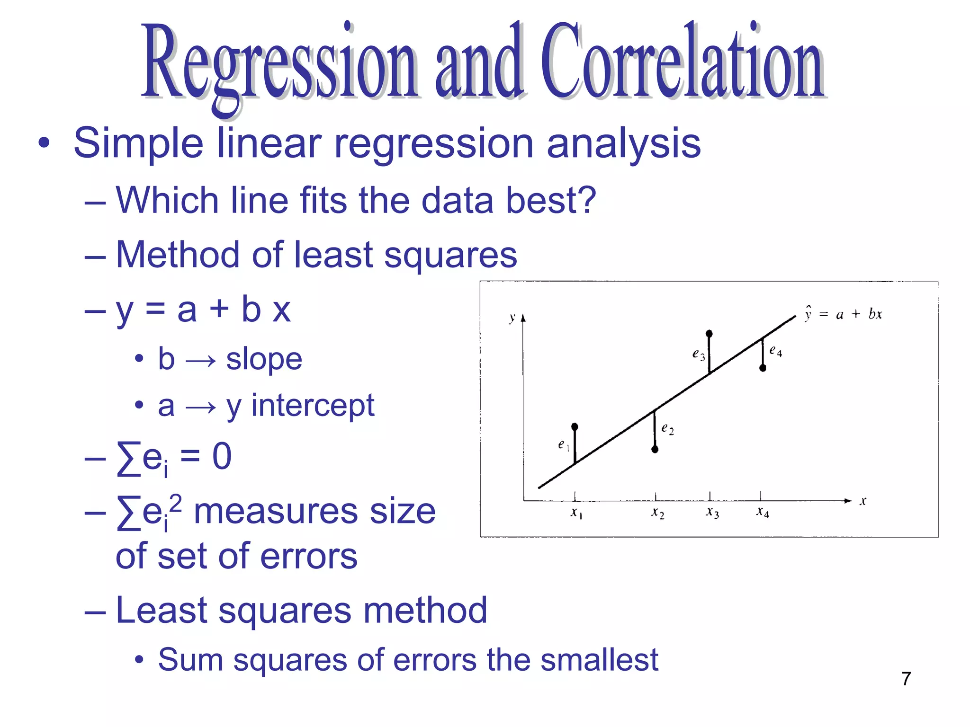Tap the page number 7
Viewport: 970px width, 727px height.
coord(906,679)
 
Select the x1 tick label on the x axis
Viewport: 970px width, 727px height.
coord(576,513)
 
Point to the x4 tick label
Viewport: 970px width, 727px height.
coord(763,512)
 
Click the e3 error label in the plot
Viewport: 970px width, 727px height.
coord(698,354)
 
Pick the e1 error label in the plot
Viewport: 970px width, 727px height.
coord(563,444)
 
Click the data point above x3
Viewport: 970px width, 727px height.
coord(709,334)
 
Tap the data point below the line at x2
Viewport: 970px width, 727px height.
coord(655,449)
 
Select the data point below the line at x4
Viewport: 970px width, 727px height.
coord(763,368)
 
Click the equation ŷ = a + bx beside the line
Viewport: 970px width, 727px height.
coord(843,314)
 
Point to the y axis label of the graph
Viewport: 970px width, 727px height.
coord(512,318)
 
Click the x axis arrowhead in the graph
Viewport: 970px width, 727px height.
coord(848,500)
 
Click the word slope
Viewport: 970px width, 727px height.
coord(264,359)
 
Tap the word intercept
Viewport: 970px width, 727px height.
coord(313,406)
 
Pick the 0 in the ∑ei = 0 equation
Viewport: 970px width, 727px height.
coord(222,456)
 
